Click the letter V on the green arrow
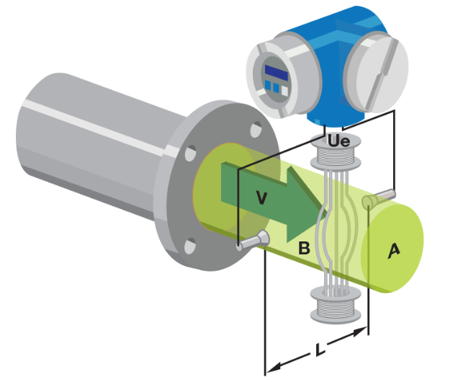[x=261, y=197]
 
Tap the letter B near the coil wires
[x=304, y=248]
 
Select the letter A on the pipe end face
[x=394, y=251]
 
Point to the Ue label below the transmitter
[x=339, y=141]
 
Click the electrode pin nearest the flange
[x=253, y=241]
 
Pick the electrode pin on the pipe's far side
[x=379, y=198]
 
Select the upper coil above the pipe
[x=336, y=152]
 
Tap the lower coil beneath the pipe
[x=336, y=305]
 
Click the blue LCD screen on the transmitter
[x=277, y=73]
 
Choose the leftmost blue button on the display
[x=268, y=85]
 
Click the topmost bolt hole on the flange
[x=256, y=130]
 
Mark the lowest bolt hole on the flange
[x=190, y=246]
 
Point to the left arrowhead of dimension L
[x=274, y=368]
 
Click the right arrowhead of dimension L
[x=360, y=332]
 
